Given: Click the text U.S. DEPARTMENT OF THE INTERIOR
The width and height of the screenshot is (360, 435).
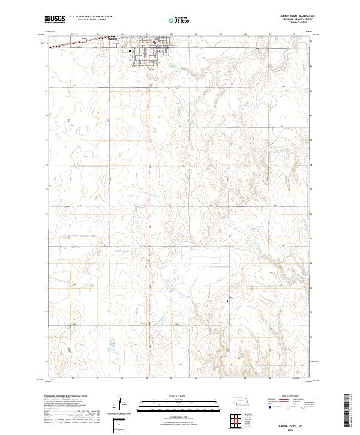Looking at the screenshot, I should click(91, 17).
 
